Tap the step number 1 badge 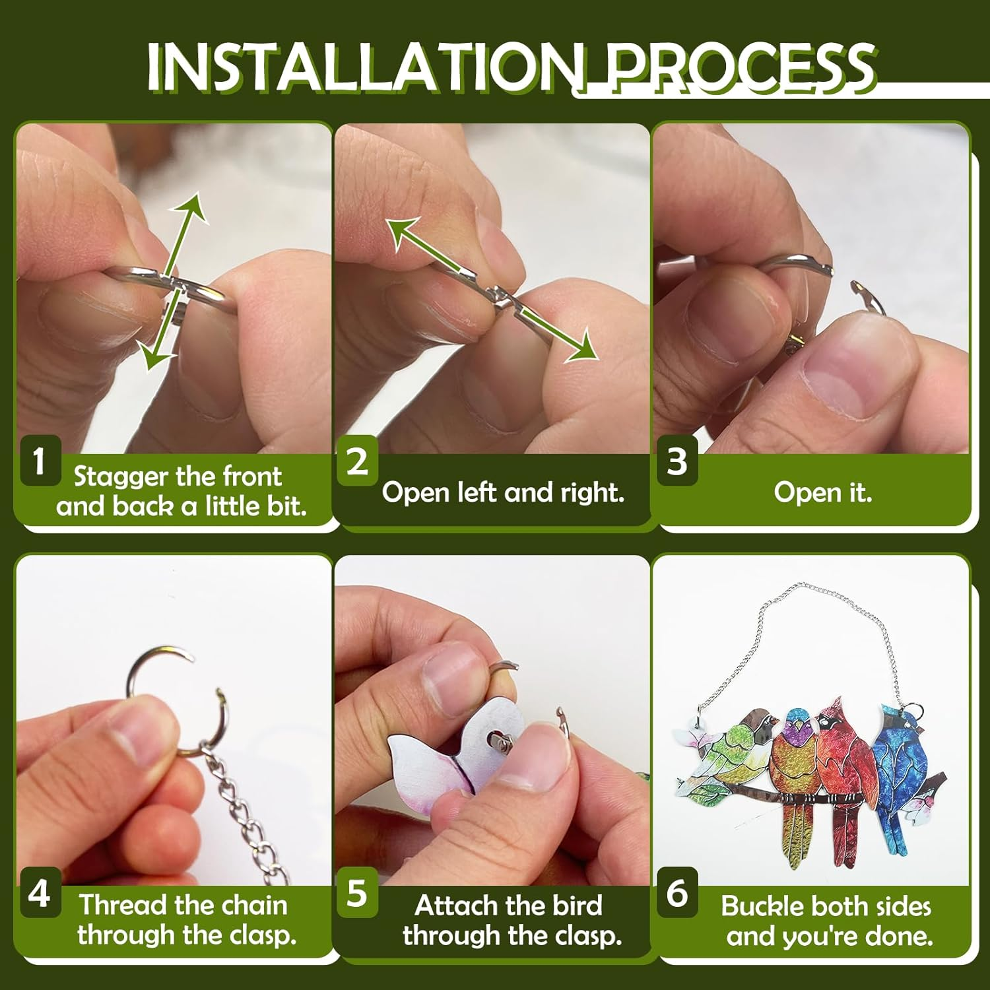pyautogui.click(x=40, y=461)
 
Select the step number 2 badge pyautogui.click(x=358, y=461)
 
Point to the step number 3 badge pyautogui.click(x=677, y=461)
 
